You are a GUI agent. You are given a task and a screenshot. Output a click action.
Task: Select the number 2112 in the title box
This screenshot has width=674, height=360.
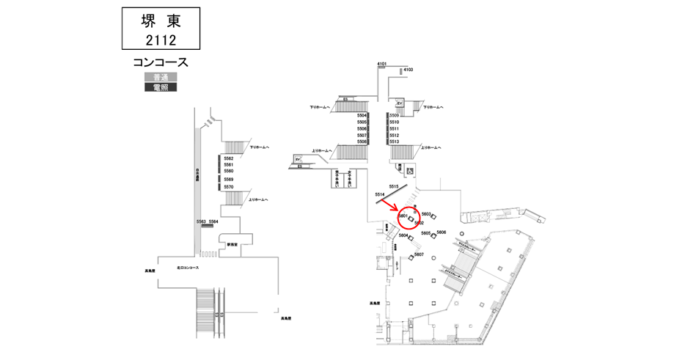tap(160, 39)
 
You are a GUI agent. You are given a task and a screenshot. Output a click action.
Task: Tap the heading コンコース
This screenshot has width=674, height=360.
tap(161, 62)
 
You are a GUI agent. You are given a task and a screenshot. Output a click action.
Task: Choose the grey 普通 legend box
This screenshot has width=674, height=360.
tap(160, 77)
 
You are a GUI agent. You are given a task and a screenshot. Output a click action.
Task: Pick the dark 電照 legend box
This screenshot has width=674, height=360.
tap(160, 87)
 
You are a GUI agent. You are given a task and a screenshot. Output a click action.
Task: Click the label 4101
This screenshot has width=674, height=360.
tap(381, 65)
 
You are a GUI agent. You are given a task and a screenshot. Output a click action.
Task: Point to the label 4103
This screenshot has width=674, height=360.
tap(409, 70)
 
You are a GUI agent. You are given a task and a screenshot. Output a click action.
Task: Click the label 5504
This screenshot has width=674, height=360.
tap(362, 116)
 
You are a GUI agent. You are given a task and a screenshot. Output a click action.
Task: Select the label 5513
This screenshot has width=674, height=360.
tap(394, 142)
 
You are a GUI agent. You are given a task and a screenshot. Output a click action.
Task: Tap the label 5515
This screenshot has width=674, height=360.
tap(394, 186)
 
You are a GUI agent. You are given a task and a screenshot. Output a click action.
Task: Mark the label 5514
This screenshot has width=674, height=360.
tap(380, 194)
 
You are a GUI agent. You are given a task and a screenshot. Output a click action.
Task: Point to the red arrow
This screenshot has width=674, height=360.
tap(389, 207)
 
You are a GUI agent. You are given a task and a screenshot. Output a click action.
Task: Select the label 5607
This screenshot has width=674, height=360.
tap(419, 254)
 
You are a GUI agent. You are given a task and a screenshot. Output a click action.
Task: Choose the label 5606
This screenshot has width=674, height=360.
tap(441, 232)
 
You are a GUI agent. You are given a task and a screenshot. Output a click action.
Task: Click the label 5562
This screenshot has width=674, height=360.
tap(229, 158)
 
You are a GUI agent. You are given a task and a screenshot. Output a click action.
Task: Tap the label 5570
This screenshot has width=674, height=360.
tap(229, 187)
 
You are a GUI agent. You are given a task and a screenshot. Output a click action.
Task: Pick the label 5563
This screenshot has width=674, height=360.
tap(201, 221)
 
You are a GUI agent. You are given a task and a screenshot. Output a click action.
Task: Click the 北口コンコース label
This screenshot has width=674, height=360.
tap(188, 268)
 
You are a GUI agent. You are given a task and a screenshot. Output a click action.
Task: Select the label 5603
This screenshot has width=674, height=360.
tap(426, 213)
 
